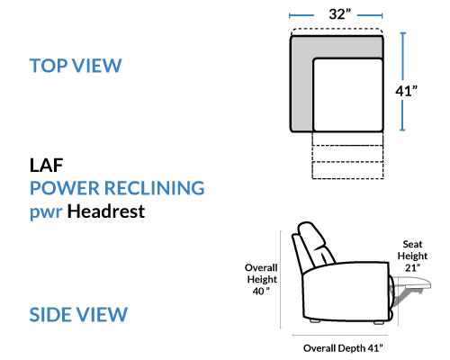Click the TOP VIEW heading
tap(76, 66)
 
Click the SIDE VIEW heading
tap(78, 314)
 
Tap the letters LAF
tap(46, 165)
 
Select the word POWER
tap(65, 188)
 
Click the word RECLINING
tap(154, 188)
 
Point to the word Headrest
tap(106, 211)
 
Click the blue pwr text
tap(46, 212)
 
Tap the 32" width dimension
tap(339, 14)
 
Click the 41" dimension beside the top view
tap(406, 91)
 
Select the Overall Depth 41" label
tap(343, 348)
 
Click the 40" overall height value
tap(261, 291)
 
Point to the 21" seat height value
tap(412, 267)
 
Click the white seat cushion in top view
tap(347, 94)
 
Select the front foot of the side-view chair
tap(379, 322)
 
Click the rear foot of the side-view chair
tap(315, 320)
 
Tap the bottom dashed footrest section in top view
tap(347, 170)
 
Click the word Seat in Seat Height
tap(412, 244)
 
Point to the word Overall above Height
tap(261, 267)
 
